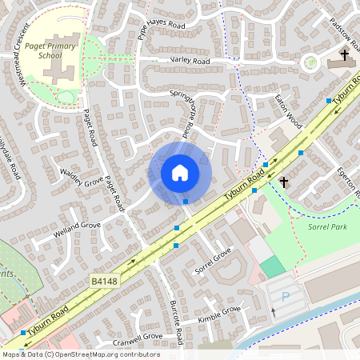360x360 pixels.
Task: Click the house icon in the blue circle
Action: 180,173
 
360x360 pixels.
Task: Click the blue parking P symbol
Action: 286,296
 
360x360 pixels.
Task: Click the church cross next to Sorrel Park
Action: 284,182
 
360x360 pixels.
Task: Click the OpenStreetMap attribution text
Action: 80,354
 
